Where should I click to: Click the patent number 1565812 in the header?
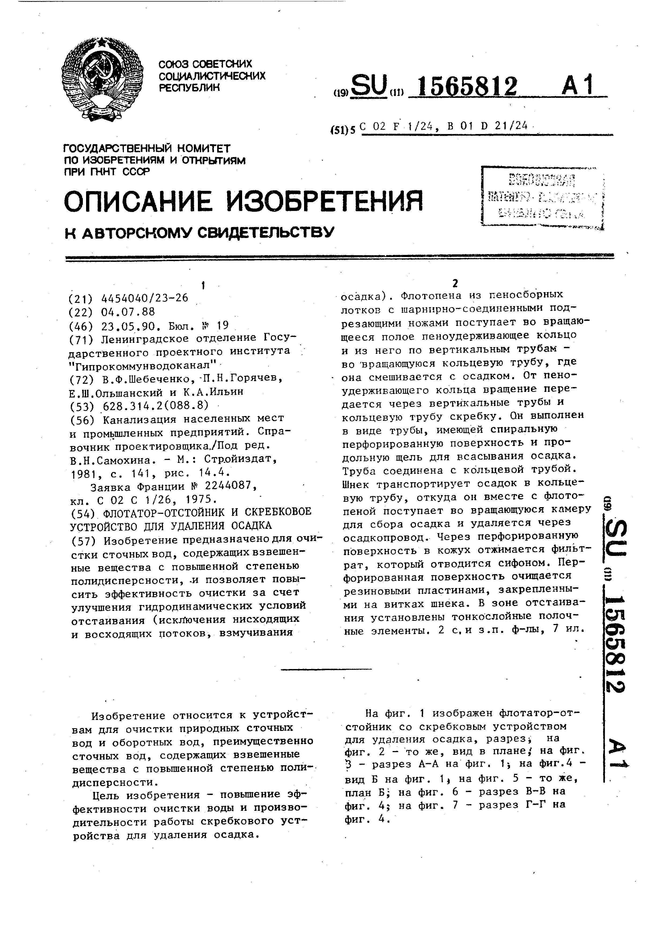point(463,86)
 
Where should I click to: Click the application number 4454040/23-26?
point(145,298)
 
